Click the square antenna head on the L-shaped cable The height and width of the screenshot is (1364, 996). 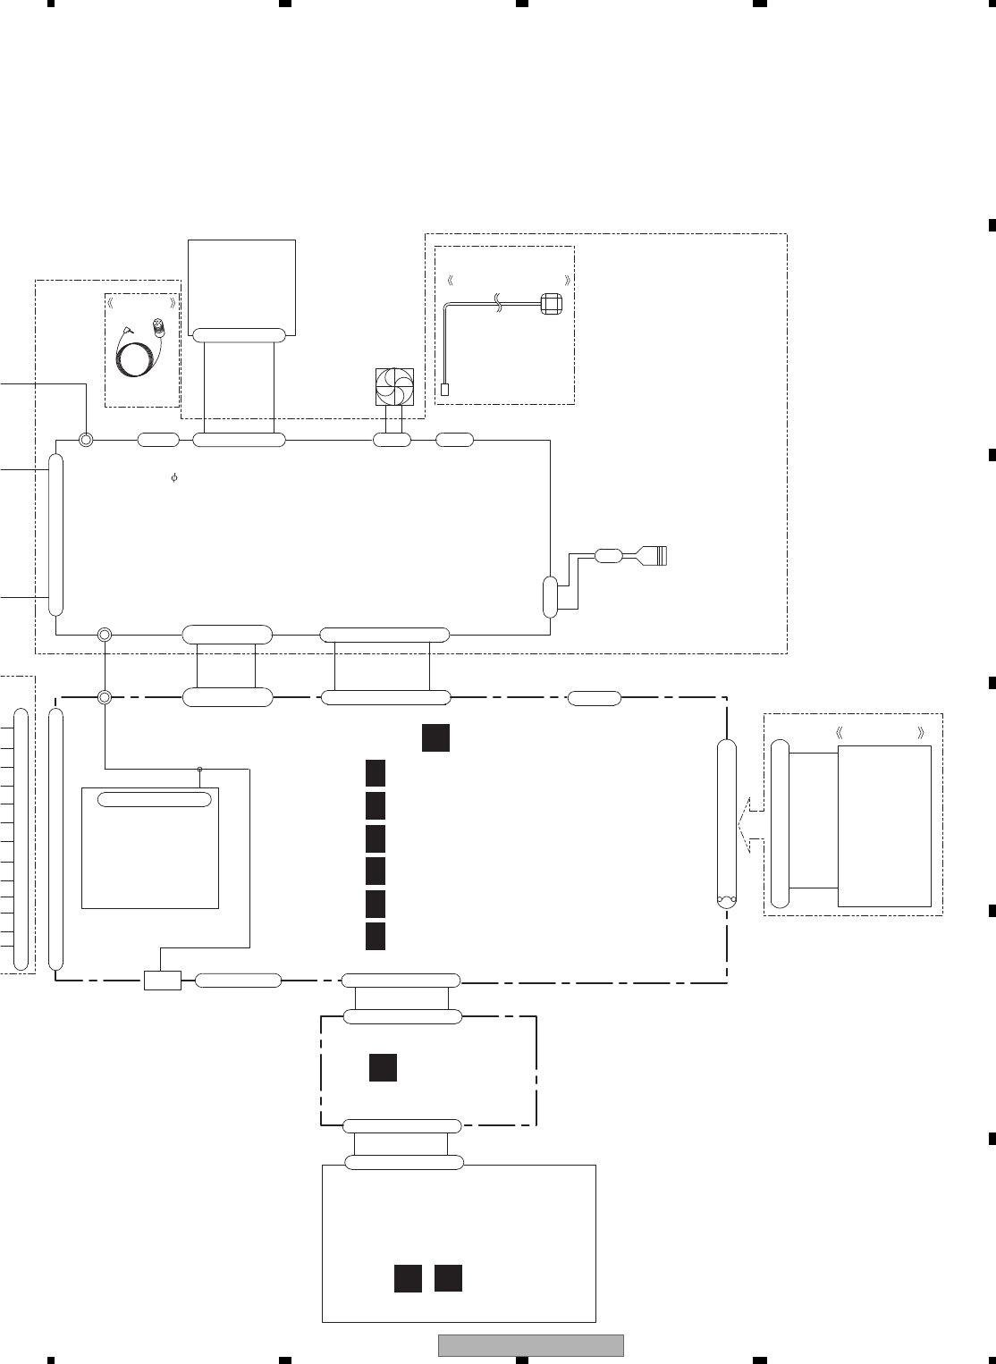pyautogui.click(x=551, y=304)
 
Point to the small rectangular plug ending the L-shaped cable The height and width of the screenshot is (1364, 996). pyautogui.click(x=445, y=389)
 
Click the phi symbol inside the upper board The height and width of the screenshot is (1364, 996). pyautogui.click(x=174, y=478)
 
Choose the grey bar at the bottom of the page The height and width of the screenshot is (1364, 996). pyautogui.click(x=530, y=1345)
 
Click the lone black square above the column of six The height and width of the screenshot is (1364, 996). pyautogui.click(x=435, y=738)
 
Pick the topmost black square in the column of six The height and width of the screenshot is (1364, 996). pyautogui.click(x=376, y=772)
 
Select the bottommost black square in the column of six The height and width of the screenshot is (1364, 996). pyautogui.click(x=376, y=936)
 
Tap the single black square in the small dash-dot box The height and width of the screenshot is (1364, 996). pyautogui.click(x=383, y=1067)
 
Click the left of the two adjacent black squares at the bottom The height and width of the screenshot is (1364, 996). pyautogui.click(x=408, y=1278)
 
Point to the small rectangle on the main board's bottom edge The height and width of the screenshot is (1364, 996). pyautogui.click(x=162, y=981)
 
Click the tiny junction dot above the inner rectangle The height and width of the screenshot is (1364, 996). pyautogui.click(x=199, y=768)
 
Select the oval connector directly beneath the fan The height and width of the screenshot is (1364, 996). pyautogui.click(x=392, y=440)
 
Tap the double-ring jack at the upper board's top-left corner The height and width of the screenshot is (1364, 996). pyautogui.click(x=86, y=439)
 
